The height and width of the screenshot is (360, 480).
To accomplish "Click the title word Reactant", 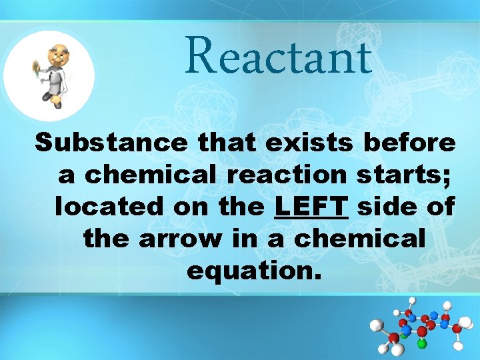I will (278, 57).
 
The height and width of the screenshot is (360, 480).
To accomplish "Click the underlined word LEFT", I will (312, 207).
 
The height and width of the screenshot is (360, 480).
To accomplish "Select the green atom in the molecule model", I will (421, 344).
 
